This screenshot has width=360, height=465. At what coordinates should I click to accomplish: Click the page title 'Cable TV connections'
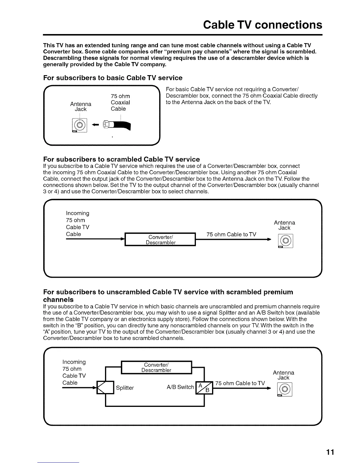click(263, 25)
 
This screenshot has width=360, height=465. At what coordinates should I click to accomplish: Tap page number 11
click(330, 452)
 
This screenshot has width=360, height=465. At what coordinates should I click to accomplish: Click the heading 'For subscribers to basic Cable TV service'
click(113, 78)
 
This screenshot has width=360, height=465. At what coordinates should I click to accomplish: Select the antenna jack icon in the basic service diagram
click(80, 126)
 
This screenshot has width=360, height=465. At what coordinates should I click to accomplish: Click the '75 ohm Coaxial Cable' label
click(120, 102)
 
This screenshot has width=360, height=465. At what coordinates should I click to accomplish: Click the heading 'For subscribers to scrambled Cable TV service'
click(121, 159)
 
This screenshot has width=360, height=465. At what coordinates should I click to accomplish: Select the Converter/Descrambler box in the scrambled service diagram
click(160, 240)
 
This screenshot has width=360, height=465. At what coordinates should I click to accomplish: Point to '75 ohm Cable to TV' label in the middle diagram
click(231, 234)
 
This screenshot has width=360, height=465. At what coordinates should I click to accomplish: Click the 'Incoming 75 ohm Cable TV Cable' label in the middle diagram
click(77, 224)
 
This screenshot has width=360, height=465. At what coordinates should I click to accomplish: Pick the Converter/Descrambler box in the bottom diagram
click(156, 368)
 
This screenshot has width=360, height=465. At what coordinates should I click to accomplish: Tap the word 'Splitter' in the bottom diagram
click(125, 388)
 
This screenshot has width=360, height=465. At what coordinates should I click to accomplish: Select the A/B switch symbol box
click(204, 388)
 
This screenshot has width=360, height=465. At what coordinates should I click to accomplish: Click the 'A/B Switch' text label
click(180, 387)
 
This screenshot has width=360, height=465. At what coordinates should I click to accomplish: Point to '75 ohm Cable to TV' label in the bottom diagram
click(240, 383)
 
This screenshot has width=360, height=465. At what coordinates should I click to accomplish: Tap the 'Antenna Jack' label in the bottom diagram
click(284, 375)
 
